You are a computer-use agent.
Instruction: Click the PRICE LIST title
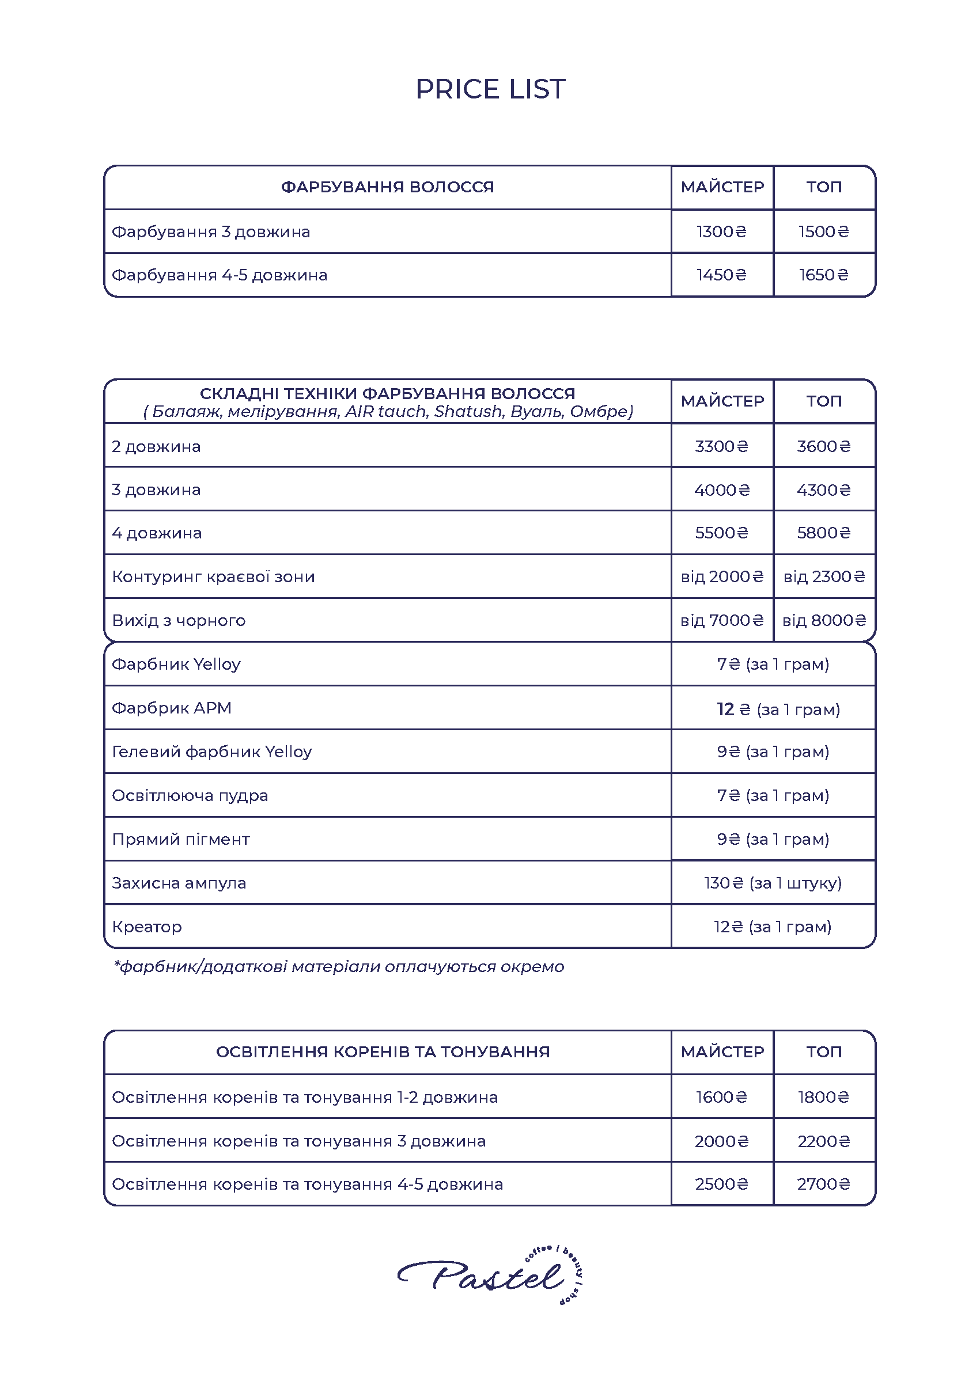(x=490, y=89)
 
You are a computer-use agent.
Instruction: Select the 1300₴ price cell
(x=721, y=231)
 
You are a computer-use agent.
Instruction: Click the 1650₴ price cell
(x=824, y=275)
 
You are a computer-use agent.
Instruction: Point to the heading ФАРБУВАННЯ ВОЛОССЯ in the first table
(x=387, y=187)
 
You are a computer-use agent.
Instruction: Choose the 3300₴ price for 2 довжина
(x=721, y=446)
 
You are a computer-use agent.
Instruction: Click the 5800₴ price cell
(x=824, y=533)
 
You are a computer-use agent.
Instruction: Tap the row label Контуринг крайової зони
(x=214, y=577)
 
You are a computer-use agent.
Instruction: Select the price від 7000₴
(x=722, y=621)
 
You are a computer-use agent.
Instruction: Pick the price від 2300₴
(x=824, y=577)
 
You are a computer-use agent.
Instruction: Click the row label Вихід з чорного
(x=179, y=621)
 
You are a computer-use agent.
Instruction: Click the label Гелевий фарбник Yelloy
(x=212, y=752)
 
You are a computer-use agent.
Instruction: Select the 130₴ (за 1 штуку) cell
(x=773, y=883)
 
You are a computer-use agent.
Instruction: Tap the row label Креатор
(x=147, y=927)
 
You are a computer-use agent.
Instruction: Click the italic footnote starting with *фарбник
(x=339, y=967)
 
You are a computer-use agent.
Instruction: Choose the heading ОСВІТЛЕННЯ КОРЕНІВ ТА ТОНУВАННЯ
(x=383, y=1052)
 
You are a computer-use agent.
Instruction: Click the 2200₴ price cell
(x=824, y=1141)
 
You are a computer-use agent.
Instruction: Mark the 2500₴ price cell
(x=721, y=1184)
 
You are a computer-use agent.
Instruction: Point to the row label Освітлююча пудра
(x=190, y=796)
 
